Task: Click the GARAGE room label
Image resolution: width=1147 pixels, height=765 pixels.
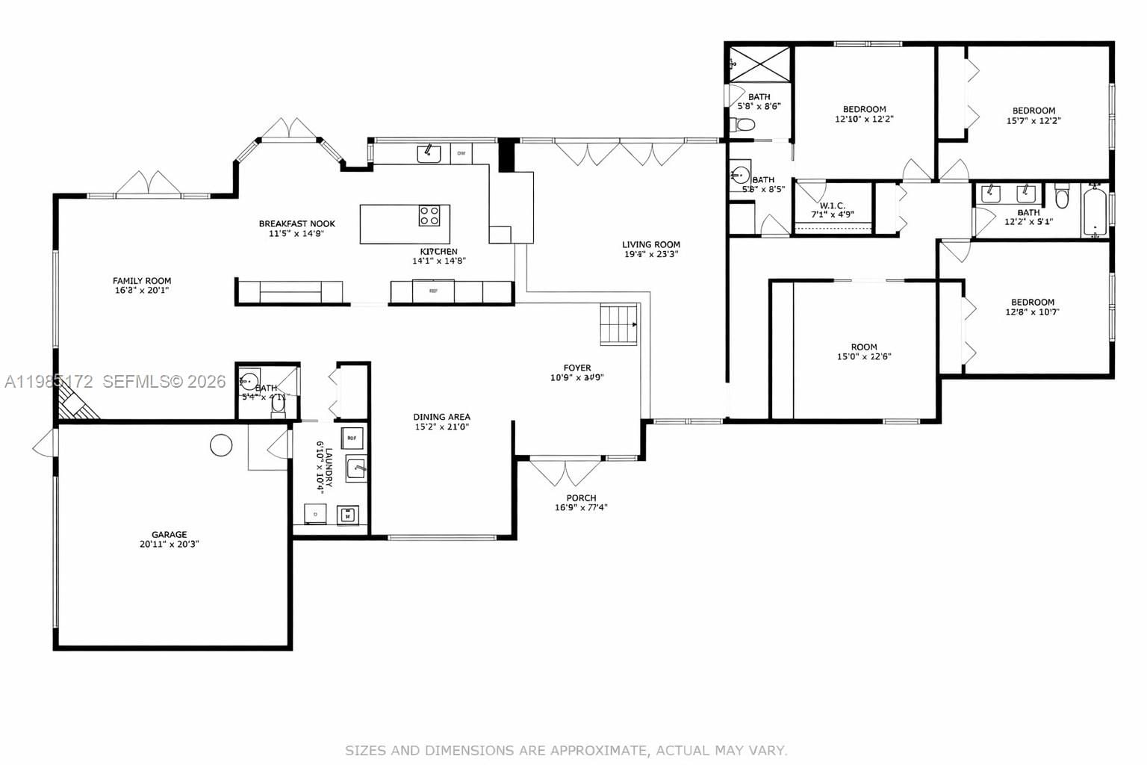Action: click(170, 534)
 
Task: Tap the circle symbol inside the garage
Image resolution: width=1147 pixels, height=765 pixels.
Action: click(220, 445)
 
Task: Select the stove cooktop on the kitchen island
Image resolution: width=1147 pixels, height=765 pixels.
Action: click(429, 216)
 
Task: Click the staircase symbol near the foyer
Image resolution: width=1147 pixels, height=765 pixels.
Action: click(618, 324)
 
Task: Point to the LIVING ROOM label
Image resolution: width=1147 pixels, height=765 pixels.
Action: click(651, 244)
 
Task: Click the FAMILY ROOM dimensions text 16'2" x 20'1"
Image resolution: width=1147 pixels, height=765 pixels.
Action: click(142, 291)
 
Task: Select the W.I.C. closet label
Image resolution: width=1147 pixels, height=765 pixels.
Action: click(832, 205)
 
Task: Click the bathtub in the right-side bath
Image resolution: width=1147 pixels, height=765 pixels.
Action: click(1094, 210)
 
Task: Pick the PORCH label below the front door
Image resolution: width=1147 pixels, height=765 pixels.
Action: click(581, 498)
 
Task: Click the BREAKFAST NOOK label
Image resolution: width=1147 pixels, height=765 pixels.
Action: click(296, 223)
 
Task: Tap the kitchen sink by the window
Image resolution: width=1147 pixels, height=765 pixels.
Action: click(429, 153)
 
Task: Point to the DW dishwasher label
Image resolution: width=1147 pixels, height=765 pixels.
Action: click(461, 154)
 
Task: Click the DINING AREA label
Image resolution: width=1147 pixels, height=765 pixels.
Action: click(441, 417)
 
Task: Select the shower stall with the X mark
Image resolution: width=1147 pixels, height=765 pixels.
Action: click(759, 64)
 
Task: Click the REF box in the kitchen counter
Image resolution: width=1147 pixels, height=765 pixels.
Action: click(433, 291)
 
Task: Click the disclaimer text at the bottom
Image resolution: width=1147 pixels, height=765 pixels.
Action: click(565, 749)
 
